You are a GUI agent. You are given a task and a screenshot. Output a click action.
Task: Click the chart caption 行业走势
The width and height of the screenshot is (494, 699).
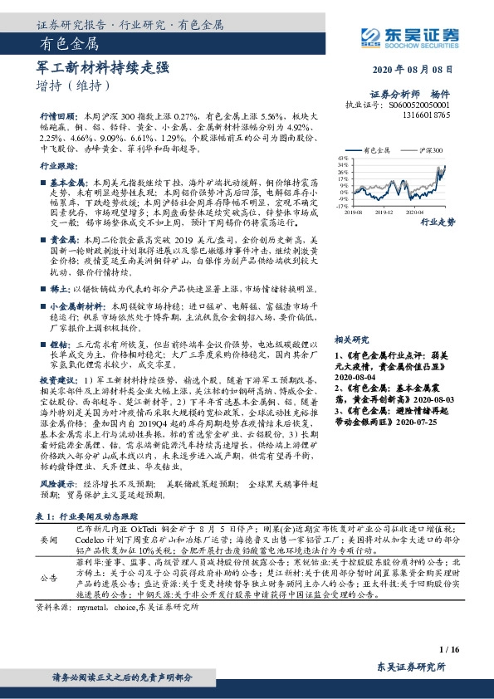[x=438, y=222]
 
